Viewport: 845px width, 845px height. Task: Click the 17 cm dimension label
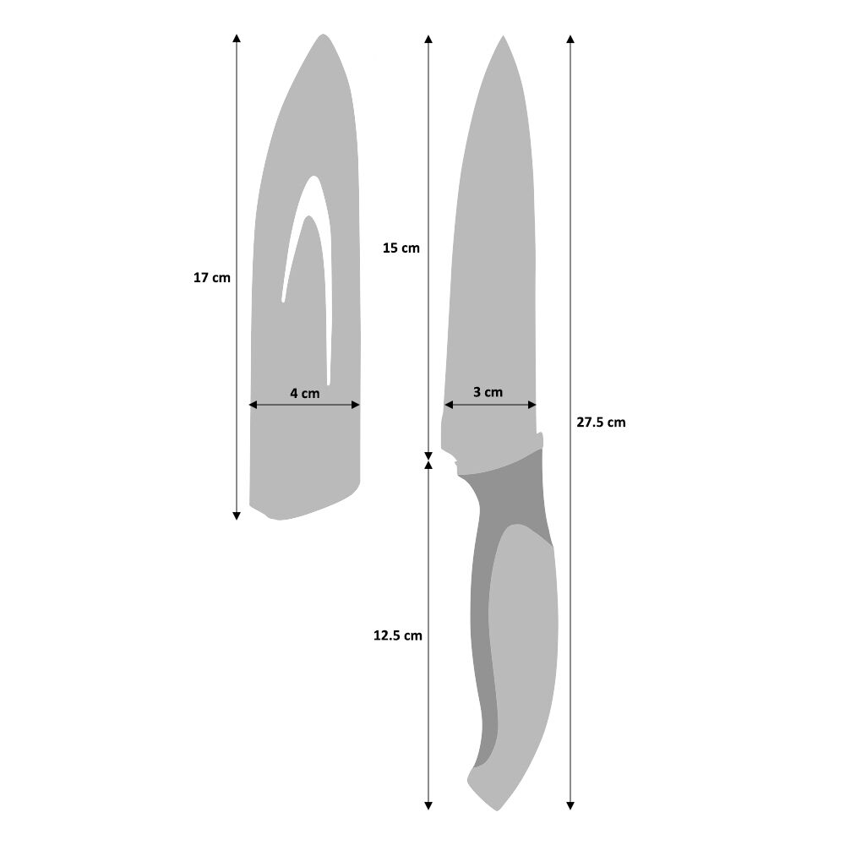[x=212, y=277]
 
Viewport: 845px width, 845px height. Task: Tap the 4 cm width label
[x=304, y=393]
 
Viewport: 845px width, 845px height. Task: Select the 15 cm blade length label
[x=401, y=248]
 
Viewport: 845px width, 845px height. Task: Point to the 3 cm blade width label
[x=488, y=392]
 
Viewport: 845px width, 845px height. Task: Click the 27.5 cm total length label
[x=601, y=422]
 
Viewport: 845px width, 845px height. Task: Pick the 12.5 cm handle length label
[x=397, y=635]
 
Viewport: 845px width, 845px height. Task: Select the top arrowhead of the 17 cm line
[x=237, y=39]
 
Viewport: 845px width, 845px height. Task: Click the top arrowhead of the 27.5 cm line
[x=571, y=39]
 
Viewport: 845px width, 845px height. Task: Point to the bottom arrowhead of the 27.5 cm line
[x=571, y=805]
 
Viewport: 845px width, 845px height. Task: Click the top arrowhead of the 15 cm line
[x=428, y=39]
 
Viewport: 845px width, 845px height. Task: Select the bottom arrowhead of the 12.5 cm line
[x=428, y=805]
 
